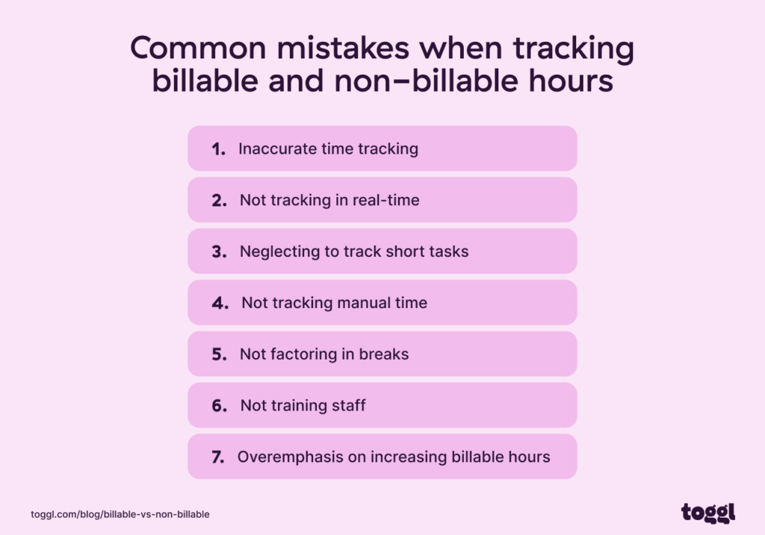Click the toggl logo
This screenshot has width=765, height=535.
coord(707,513)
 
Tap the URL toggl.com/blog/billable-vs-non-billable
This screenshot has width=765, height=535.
coord(120,514)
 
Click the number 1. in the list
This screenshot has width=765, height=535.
coord(219,149)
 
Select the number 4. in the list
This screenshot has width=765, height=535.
coord(220,303)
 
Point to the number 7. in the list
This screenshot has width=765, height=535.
coord(218,457)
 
